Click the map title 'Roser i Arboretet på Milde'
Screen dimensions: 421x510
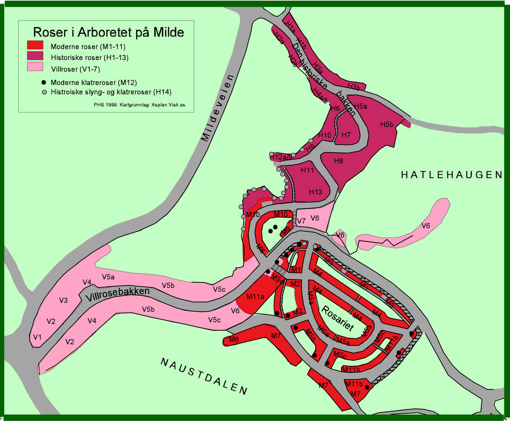coord(108,32)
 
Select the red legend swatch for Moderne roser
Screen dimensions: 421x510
coord(35,45)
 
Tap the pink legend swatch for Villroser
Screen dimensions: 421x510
coord(35,67)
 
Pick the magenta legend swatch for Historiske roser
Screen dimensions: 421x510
coord(35,56)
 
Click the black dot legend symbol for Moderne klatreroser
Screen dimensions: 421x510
coord(44,83)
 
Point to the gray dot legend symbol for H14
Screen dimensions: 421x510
coord(44,92)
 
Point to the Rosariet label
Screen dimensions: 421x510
coord(337,318)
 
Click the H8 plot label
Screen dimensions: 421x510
coord(338,161)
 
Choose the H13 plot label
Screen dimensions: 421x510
coord(315,192)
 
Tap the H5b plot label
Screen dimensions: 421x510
coord(387,124)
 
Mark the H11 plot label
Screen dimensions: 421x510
coord(307,170)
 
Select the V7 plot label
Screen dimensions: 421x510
coord(301,221)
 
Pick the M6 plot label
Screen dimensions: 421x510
coord(234,340)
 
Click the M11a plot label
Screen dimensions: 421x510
coord(255,296)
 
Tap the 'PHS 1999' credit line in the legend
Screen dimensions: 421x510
coord(140,105)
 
